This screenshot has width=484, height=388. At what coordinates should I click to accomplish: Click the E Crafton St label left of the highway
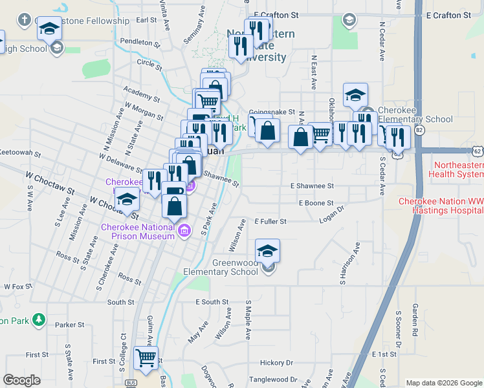point(276,14)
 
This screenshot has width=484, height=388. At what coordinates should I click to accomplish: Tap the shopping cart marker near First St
point(146,358)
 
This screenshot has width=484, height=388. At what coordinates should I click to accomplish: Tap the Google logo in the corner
point(22,380)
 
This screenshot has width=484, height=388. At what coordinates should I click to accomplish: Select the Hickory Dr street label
point(276,363)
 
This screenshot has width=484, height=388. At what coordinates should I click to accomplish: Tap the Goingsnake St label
point(276,112)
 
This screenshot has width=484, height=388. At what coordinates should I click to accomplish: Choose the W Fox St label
point(17,286)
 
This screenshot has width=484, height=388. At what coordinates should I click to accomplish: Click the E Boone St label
point(316,203)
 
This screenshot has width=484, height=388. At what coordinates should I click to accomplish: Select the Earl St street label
point(148,20)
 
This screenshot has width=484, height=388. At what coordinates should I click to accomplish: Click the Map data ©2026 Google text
point(443,382)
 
